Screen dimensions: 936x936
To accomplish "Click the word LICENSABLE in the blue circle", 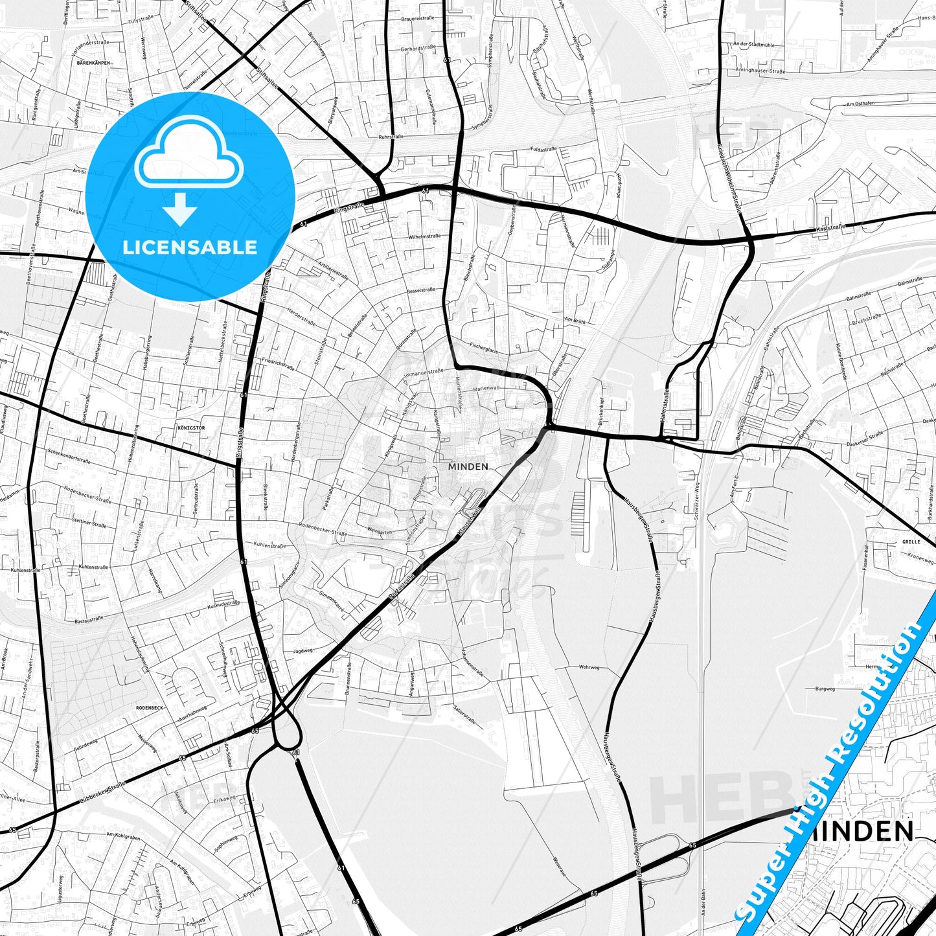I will point(190,247).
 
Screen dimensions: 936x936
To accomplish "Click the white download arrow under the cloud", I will point(181,209).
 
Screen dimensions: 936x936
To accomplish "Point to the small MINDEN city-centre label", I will point(468,466).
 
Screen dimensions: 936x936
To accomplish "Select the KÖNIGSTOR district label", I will point(190,428).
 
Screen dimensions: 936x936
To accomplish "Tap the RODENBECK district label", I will point(150,708).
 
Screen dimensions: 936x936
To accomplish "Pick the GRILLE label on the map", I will point(911,542).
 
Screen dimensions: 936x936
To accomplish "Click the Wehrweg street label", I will point(589,667).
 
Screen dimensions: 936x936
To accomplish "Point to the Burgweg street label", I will point(825,689).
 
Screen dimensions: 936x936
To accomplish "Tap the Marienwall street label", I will point(486,388).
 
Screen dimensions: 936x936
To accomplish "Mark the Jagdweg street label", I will point(302,651).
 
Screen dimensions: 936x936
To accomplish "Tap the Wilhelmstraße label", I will point(424,236).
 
